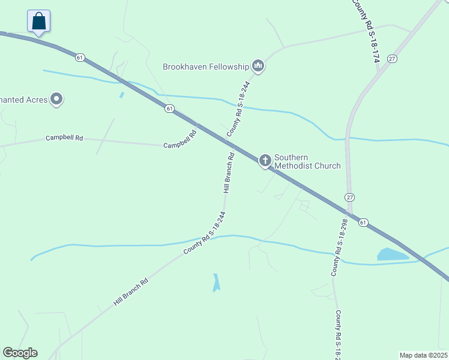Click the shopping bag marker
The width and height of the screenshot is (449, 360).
39,22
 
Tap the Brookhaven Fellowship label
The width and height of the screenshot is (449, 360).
205,67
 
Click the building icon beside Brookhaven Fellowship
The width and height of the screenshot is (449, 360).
258,66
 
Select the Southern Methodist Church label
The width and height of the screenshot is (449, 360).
307,161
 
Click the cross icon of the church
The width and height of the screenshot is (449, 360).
265,160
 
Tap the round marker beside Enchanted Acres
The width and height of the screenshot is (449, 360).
56,99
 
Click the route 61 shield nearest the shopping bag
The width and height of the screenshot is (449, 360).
80,58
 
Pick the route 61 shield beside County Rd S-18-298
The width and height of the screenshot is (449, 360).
363,222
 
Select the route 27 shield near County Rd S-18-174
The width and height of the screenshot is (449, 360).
392,58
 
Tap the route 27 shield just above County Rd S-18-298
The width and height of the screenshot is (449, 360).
349,197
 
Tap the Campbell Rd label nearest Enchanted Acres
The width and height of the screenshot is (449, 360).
64,139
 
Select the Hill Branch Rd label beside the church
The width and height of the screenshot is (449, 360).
229,173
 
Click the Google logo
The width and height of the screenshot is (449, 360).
20,353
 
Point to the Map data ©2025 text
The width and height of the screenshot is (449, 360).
424,355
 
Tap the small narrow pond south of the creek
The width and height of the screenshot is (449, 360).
216,283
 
